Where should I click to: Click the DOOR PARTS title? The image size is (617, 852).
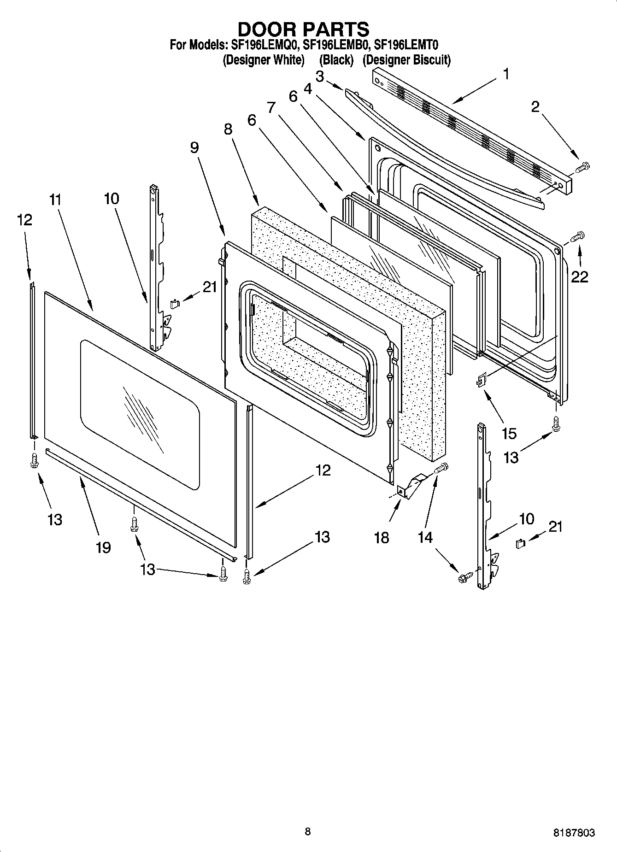[x=303, y=29]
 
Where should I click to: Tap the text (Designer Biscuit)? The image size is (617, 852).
[x=406, y=60]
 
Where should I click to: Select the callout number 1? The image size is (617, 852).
[x=506, y=74]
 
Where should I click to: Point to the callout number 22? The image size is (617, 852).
[x=580, y=276]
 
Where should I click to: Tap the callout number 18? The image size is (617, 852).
[x=382, y=537]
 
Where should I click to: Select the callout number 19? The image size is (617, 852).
[x=103, y=547]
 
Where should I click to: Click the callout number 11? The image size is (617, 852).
[x=55, y=200]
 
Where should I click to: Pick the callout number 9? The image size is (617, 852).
[x=194, y=147]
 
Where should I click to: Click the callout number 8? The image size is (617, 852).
[x=228, y=129]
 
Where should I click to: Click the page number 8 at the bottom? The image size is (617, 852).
[x=308, y=831]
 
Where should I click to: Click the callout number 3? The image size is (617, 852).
[x=319, y=76]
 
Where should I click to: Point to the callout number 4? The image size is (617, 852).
[x=308, y=88]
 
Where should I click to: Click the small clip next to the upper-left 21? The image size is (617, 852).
[x=174, y=303]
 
